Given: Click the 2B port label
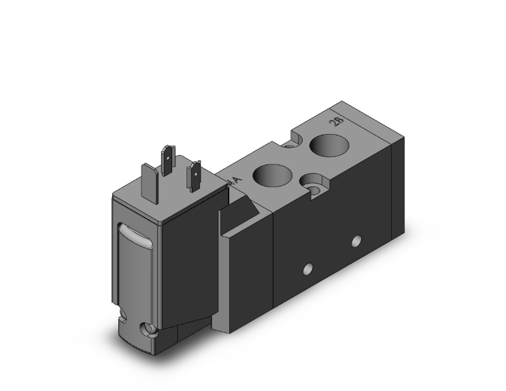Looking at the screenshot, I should [335, 122].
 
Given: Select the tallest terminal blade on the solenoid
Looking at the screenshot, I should [167, 159].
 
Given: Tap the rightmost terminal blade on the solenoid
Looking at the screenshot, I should [195, 175].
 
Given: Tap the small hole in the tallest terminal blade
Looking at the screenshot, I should [167, 156].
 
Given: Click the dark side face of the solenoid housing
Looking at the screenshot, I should [190, 265].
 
